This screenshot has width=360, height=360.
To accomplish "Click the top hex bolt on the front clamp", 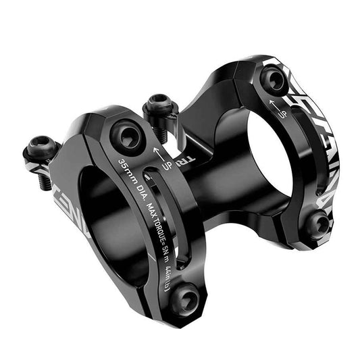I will [x=127, y=136].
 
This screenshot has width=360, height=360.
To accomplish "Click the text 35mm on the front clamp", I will [x=128, y=170].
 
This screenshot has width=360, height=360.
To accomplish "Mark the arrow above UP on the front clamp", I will [x=160, y=150].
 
